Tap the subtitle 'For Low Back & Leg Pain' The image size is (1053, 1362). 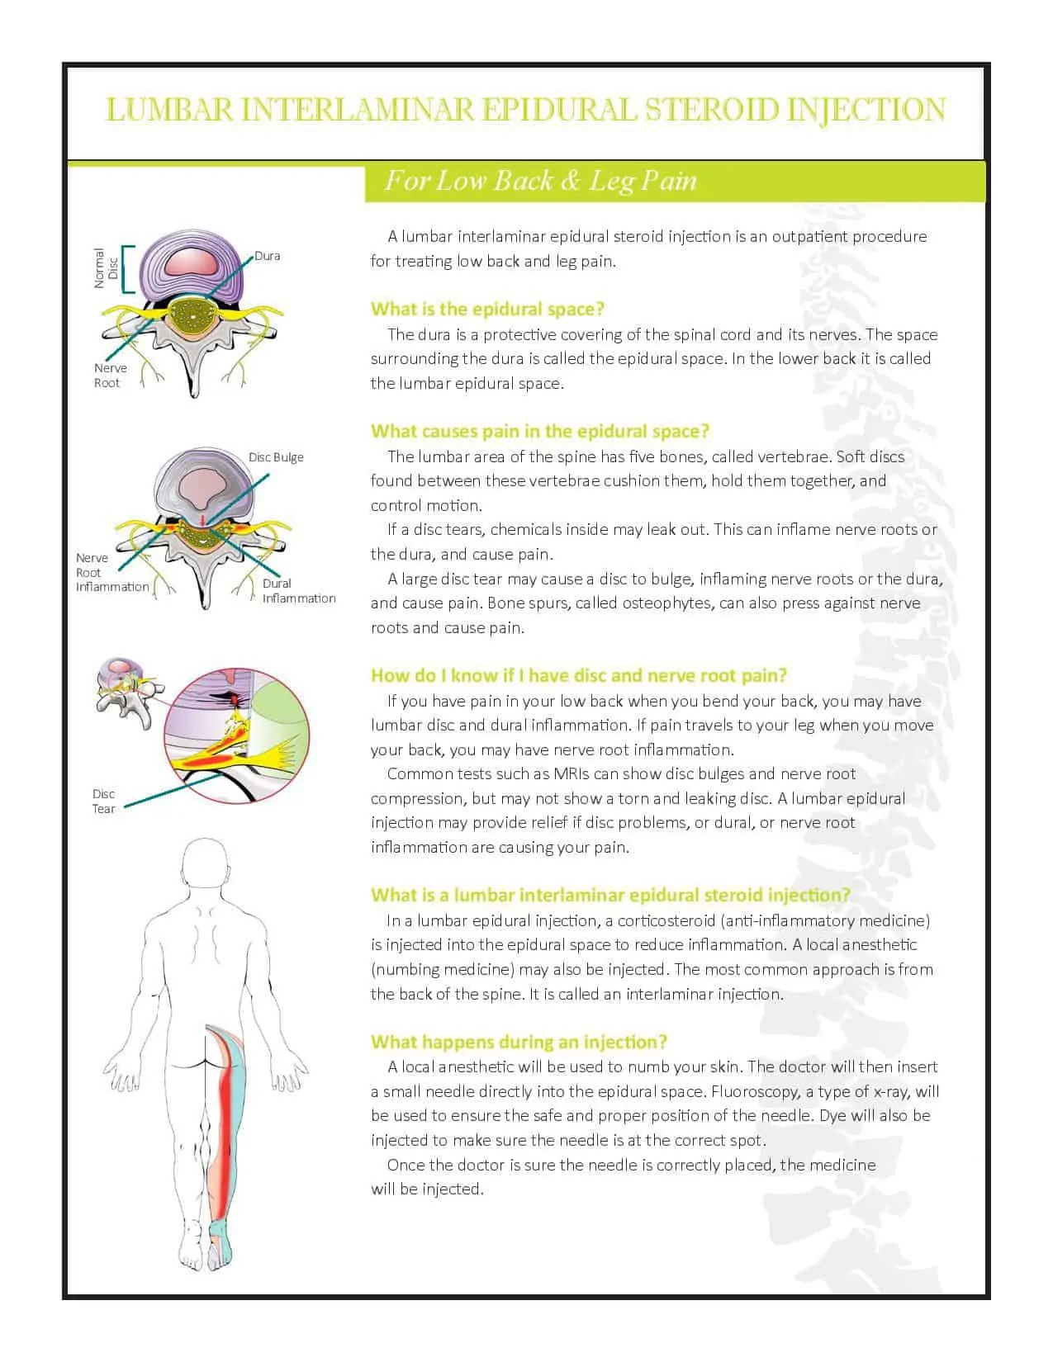(x=541, y=181)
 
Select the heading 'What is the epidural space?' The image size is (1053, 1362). (x=487, y=310)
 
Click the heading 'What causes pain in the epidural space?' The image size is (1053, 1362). (x=540, y=431)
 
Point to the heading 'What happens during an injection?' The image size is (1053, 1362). (x=519, y=1042)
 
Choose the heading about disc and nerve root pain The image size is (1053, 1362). (x=578, y=675)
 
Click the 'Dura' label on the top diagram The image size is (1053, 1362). (x=268, y=256)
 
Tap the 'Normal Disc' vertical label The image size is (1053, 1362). (x=106, y=268)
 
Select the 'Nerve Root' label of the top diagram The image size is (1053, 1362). (x=110, y=376)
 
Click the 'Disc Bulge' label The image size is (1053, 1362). (x=276, y=457)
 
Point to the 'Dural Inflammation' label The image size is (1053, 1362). (x=298, y=591)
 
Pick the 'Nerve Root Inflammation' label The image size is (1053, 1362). (x=111, y=572)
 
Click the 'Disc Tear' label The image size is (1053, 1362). (x=104, y=802)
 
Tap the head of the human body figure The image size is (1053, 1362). (x=205, y=865)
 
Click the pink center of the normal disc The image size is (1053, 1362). (x=191, y=262)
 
